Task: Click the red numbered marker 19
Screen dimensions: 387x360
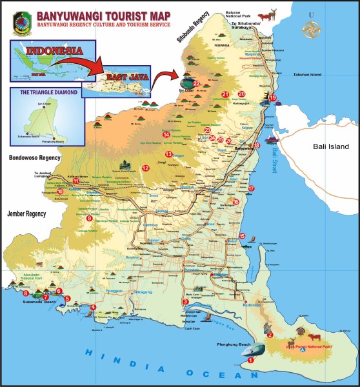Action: coord(273,98)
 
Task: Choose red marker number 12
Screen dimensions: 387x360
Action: coord(146,168)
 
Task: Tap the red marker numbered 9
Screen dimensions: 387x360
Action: coord(90,219)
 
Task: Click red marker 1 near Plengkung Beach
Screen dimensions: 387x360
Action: coord(250,361)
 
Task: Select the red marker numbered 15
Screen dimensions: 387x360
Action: coord(242,236)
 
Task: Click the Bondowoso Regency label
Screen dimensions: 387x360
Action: coord(34,157)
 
